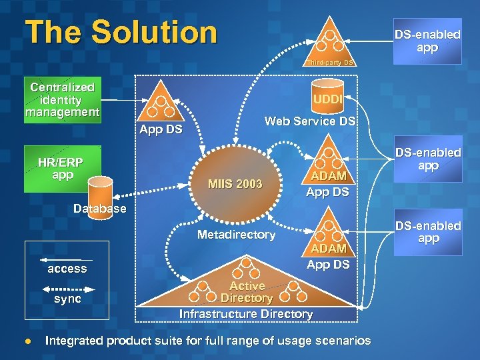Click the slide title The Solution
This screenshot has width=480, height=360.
coord(121,32)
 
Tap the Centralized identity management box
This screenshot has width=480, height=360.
coord(62,100)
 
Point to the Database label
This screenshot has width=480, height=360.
coord(99,209)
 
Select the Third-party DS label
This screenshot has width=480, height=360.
coord(329,63)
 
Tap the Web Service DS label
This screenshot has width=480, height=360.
coord(310,121)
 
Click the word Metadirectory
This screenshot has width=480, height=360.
coord(236,235)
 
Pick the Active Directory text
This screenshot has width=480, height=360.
coord(247,292)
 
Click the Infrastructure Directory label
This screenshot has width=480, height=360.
coord(246,313)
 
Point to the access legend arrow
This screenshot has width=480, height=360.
coord(67,258)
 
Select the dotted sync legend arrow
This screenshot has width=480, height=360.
coord(67,289)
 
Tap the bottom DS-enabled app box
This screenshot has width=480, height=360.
coord(427,232)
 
